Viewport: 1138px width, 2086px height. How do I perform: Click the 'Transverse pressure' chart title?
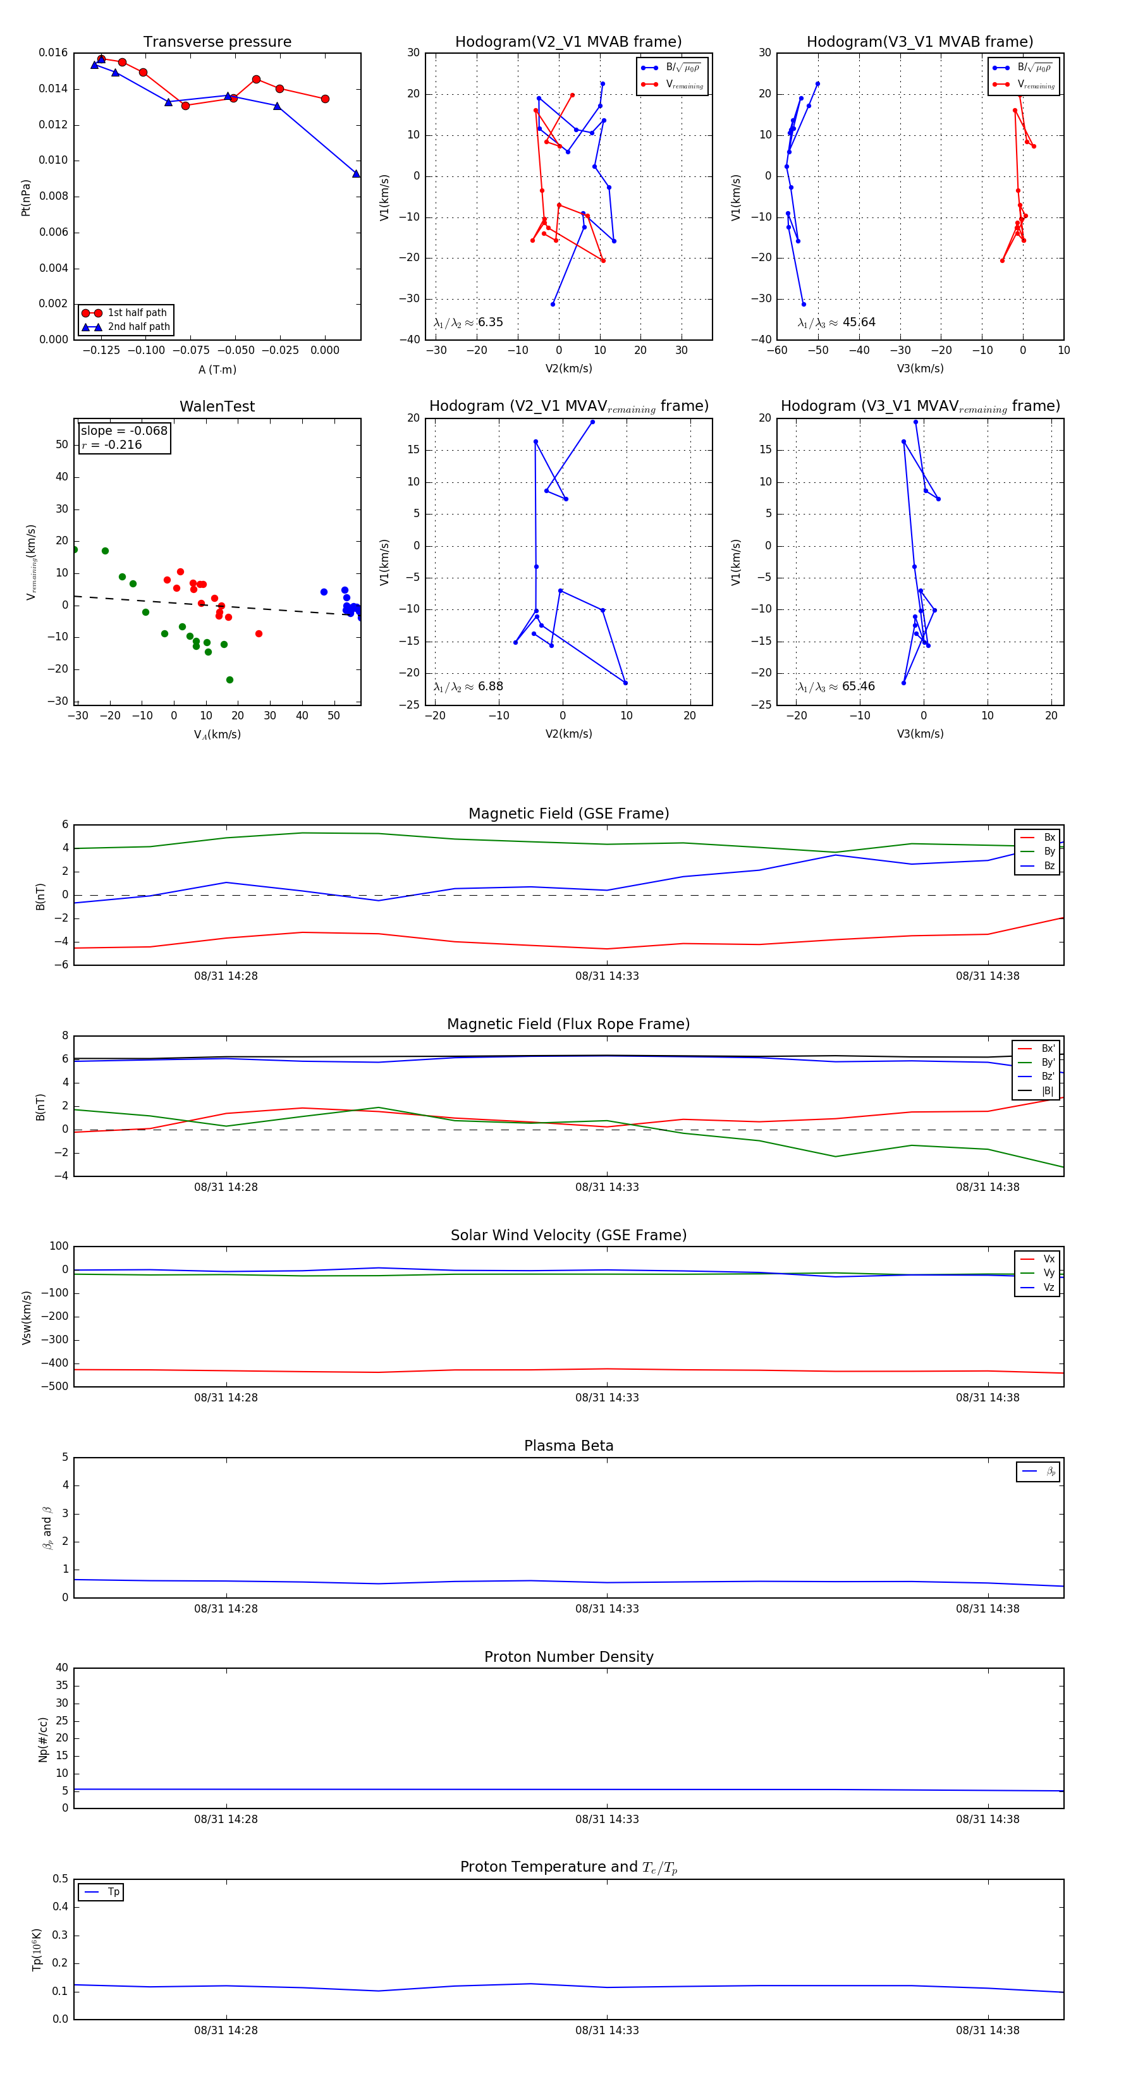coord(217,42)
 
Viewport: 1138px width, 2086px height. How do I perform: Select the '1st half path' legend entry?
coord(136,312)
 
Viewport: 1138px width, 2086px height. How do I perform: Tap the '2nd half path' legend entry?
coord(138,327)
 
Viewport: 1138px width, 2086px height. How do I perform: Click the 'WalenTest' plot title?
coord(217,406)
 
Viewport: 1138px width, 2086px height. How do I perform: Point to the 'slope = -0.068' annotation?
coord(124,431)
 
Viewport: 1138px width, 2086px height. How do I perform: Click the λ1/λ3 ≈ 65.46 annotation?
coord(836,686)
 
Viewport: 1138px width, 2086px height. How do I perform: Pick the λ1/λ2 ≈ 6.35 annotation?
coord(468,322)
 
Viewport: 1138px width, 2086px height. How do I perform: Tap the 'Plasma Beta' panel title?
coord(568,1446)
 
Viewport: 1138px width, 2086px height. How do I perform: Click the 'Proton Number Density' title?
coord(568,1657)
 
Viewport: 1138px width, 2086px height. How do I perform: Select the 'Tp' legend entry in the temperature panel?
coord(113,1893)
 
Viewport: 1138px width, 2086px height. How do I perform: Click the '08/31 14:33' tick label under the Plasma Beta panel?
coord(607,1609)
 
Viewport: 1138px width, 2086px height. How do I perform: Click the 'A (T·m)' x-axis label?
coord(217,370)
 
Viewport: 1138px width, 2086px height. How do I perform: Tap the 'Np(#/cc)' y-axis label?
coord(44,1740)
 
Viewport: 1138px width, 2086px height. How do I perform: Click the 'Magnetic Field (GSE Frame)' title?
coord(568,814)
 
